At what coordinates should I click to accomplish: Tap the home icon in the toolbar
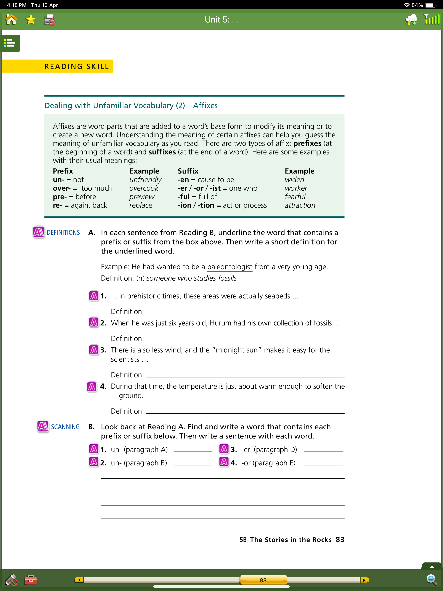11,20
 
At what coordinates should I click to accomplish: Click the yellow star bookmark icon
31,20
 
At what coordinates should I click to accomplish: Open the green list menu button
10,43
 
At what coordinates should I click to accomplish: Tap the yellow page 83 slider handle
263,580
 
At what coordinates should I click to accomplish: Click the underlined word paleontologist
230,267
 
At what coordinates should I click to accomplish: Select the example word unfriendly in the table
145,180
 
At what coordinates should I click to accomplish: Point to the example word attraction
300,205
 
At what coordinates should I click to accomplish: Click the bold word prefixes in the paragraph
307,143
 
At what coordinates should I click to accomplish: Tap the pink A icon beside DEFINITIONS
39,232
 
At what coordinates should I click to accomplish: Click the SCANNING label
66,427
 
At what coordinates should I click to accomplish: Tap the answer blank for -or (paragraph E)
323,463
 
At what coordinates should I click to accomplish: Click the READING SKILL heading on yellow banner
77,67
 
